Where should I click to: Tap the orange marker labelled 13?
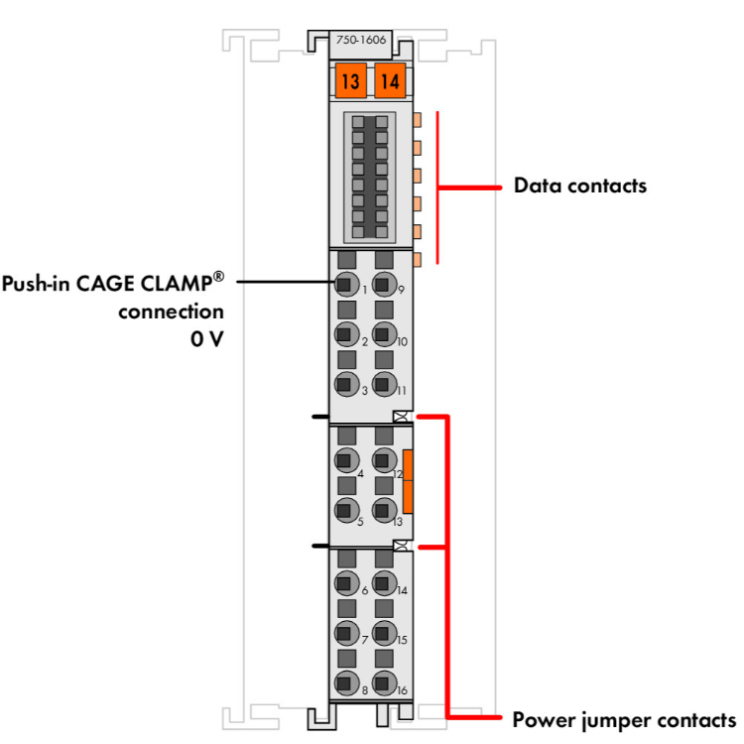point(348,80)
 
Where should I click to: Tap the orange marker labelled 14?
point(389,80)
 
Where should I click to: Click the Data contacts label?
point(579,186)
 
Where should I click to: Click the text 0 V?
point(206,338)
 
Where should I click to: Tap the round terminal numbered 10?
point(383,334)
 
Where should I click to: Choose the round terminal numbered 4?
point(344,459)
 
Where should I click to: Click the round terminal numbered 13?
point(383,510)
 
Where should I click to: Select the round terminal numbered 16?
point(383,682)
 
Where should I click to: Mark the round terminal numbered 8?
point(344,682)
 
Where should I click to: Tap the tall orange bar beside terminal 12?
point(408,481)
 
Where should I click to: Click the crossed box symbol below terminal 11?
point(400,417)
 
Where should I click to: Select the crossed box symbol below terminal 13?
point(400,547)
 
